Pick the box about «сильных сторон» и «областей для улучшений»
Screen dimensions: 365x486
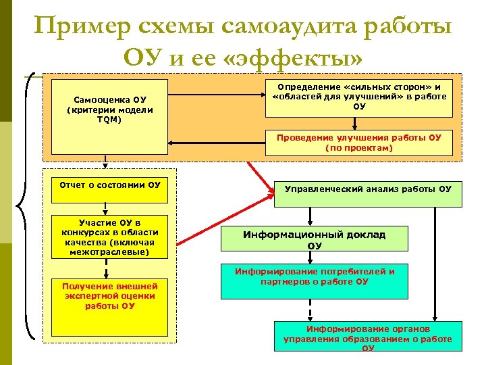click(359, 95)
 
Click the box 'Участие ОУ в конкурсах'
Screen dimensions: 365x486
click(110, 237)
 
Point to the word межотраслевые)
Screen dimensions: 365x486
click(110, 252)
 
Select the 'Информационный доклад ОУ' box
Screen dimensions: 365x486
click(315, 239)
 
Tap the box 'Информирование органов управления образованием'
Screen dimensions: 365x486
click(368, 336)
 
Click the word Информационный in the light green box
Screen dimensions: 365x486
click(291, 235)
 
